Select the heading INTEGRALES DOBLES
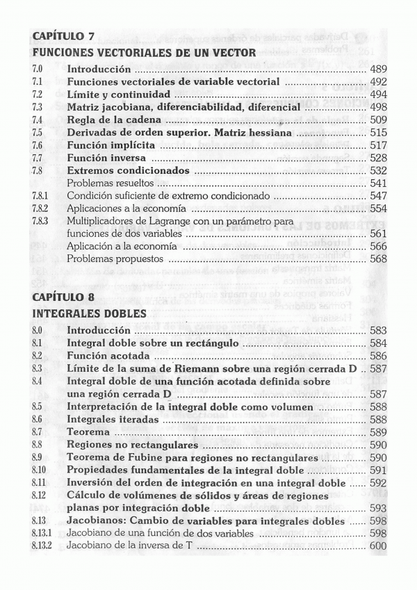pos(89,313)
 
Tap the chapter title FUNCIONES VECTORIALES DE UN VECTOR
pos(144,52)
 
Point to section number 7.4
pos(38,120)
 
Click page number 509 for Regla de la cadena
pos(377,120)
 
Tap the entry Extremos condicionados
pos(128,171)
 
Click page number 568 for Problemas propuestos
pos(377,259)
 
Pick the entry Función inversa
pos(106,158)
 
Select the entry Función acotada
pos(108,356)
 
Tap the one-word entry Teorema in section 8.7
pos(89,432)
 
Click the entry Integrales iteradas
pos(113,420)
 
